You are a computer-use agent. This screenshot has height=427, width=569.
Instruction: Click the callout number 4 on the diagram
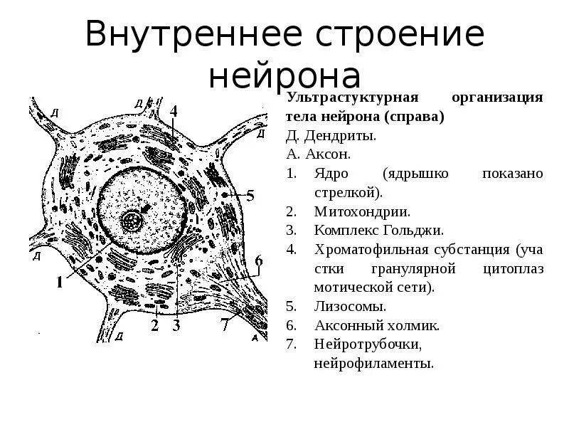(x=174, y=111)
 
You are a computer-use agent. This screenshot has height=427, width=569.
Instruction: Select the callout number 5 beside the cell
(x=250, y=194)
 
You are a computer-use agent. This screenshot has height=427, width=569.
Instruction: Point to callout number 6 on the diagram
(x=259, y=260)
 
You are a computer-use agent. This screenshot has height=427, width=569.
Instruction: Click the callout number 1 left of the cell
(x=60, y=282)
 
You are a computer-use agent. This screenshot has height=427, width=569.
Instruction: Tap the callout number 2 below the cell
(x=154, y=326)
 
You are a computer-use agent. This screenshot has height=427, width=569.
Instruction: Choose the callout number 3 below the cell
(x=176, y=326)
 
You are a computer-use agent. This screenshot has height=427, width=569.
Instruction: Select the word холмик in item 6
(x=414, y=326)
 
